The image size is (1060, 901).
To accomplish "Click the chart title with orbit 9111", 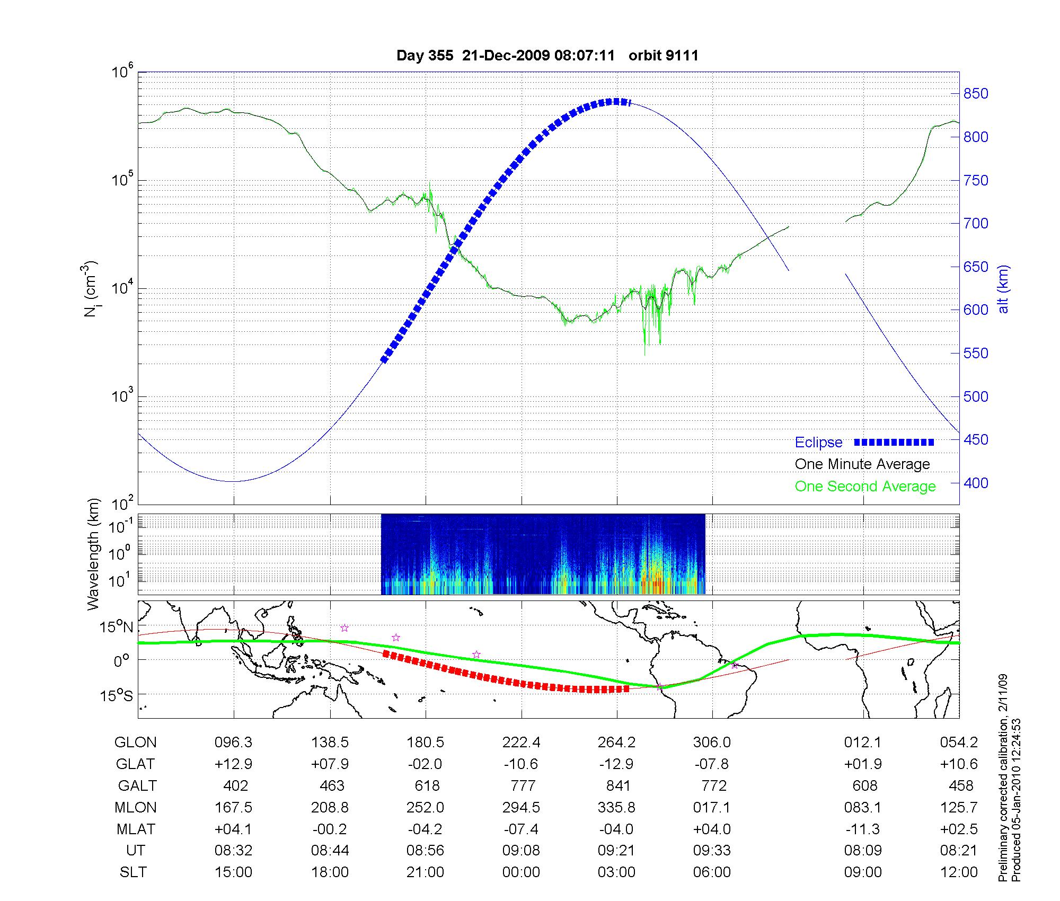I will click(547, 56).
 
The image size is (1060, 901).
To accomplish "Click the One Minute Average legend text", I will click(862, 464).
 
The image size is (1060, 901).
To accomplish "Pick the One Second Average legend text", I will click(865, 487).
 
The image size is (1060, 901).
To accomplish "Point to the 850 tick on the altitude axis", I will click(975, 94).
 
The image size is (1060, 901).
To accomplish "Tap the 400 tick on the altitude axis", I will click(975, 483).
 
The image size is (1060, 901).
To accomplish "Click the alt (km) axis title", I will click(1003, 289).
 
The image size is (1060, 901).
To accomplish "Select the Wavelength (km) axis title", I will click(93, 554).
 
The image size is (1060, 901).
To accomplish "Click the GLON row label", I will click(136, 743).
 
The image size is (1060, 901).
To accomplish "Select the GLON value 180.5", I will click(425, 743).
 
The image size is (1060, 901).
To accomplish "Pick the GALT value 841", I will click(618, 785).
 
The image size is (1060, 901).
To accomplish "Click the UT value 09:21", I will click(616, 851).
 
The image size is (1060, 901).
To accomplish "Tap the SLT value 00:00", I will click(521, 872).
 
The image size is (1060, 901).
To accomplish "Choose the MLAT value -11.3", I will click(863, 829).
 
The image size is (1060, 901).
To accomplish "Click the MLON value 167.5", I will click(233, 807).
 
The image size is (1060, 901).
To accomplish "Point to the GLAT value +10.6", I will click(959, 764).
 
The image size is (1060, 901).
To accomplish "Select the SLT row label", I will click(133, 872).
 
